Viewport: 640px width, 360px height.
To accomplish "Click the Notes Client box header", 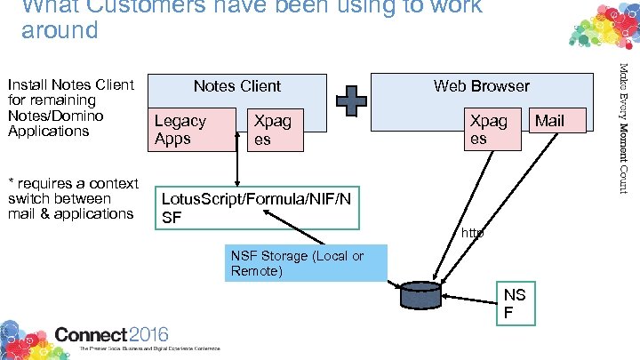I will (236, 87).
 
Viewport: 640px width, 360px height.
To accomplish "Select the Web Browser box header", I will (481, 87).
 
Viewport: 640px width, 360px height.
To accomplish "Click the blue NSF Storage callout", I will (307, 264).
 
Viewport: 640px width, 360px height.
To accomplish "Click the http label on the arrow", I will (473, 233).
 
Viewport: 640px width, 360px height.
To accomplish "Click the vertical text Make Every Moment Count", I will (624, 124).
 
